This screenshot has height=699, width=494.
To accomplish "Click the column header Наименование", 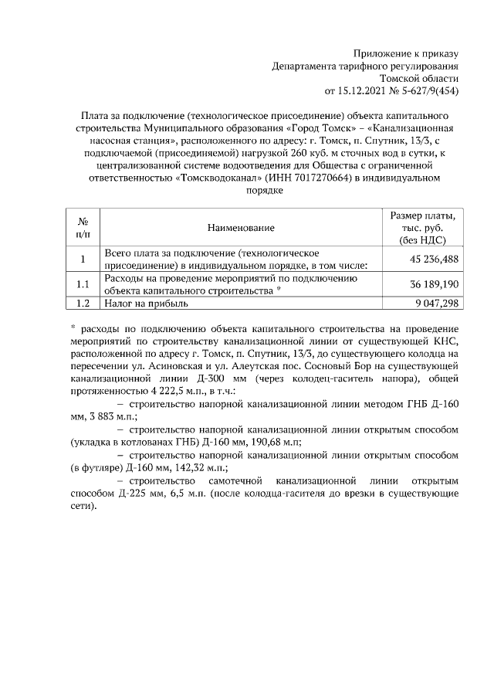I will tap(241, 228).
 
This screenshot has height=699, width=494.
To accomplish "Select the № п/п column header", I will tap(83, 228).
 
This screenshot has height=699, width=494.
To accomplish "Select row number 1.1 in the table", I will tap(83, 285).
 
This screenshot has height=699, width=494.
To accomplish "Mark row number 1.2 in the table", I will tap(83, 304).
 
